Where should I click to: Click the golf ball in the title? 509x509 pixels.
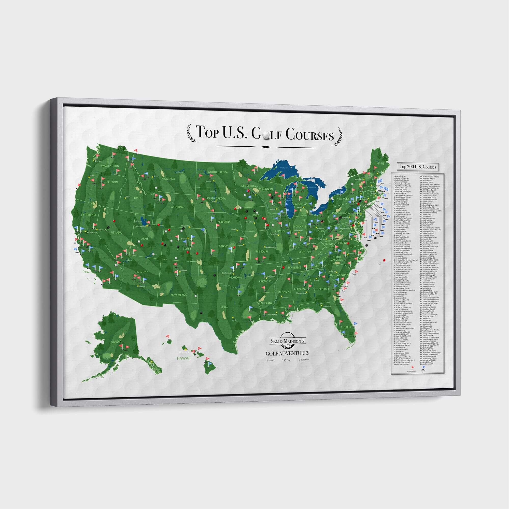[x=266, y=135]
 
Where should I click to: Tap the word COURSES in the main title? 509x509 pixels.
[x=309, y=135]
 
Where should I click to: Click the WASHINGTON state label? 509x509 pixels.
[x=110, y=166]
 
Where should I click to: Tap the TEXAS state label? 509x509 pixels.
[x=224, y=307]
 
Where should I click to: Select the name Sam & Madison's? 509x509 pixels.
[x=287, y=341]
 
